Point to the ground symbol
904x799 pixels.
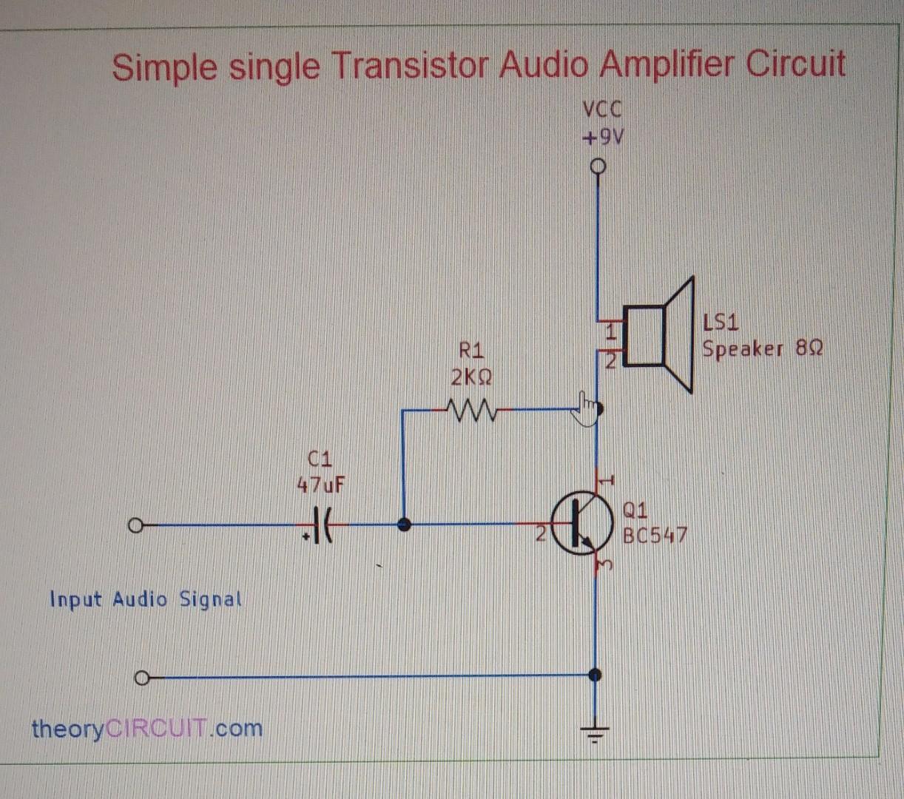pyautogui.click(x=596, y=734)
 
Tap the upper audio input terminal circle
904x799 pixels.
pyautogui.click(x=135, y=526)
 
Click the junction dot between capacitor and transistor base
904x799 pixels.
pyautogui.click(x=404, y=525)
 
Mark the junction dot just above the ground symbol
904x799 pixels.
pyautogui.click(x=595, y=675)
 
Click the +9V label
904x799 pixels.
pyautogui.click(x=602, y=138)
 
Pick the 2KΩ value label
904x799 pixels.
pyautogui.click(x=470, y=377)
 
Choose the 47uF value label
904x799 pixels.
pyautogui.click(x=320, y=485)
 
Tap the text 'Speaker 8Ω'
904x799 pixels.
pyautogui.click(x=762, y=348)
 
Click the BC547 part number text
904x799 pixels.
pyautogui.click(x=655, y=534)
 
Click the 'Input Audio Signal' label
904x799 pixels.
pyautogui.click(x=146, y=599)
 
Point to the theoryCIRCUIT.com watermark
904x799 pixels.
pyautogui.click(x=147, y=728)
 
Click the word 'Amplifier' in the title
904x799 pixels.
pyautogui.click(x=666, y=65)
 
